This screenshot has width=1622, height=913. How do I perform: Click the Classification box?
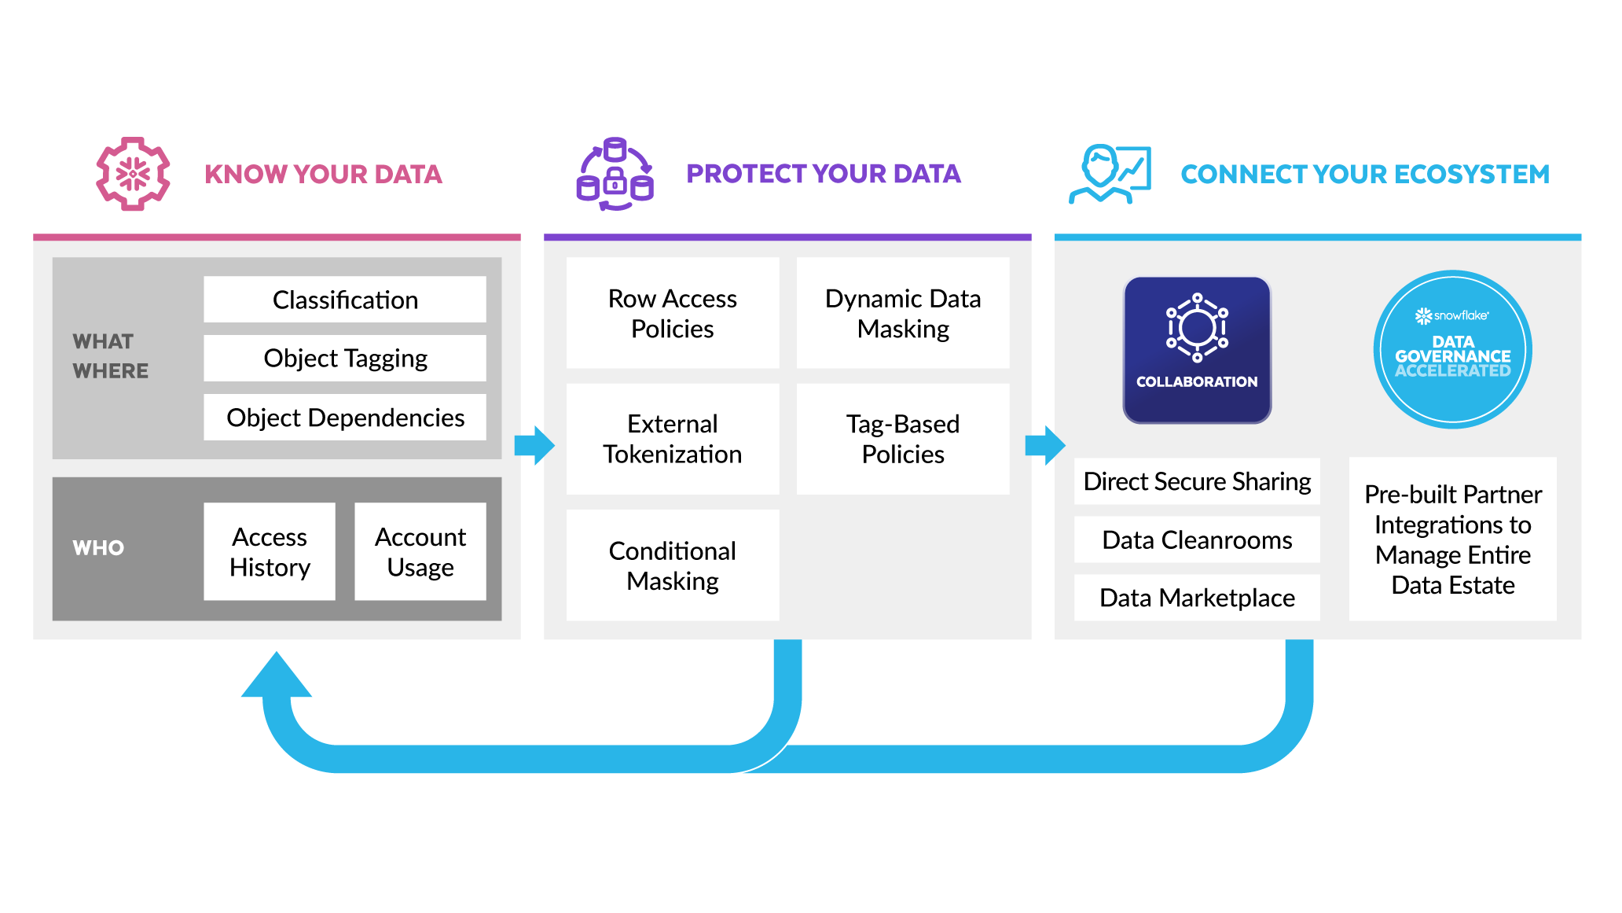tap(344, 300)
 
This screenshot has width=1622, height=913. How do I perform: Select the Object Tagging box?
tap(344, 359)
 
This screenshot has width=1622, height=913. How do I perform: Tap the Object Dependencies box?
tap(344, 418)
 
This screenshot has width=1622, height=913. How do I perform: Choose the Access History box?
tap(270, 551)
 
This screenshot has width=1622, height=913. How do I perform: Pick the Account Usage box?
tap(420, 551)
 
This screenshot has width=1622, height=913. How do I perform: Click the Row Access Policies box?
tap(672, 313)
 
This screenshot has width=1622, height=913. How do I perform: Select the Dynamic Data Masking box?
tap(902, 313)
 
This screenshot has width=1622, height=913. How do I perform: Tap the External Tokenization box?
tap(672, 439)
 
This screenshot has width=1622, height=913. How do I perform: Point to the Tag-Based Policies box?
tap(902, 439)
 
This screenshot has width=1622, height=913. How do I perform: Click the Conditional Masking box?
tap(672, 565)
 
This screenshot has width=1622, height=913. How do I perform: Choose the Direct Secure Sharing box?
tap(1196, 481)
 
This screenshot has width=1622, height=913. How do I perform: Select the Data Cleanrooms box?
tap(1196, 539)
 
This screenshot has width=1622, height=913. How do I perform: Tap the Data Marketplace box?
tap(1196, 598)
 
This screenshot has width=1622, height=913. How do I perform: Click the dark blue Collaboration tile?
tap(1196, 350)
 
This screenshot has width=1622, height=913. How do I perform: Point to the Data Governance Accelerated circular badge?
tap(1452, 349)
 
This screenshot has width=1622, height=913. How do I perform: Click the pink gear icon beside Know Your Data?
tap(133, 174)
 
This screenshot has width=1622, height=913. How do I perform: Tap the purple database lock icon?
tap(615, 175)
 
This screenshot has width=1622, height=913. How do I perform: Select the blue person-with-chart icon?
tap(1110, 174)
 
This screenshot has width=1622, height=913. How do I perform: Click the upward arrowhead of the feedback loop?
tap(277, 676)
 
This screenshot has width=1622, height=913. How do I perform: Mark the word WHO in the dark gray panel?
tap(98, 548)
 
